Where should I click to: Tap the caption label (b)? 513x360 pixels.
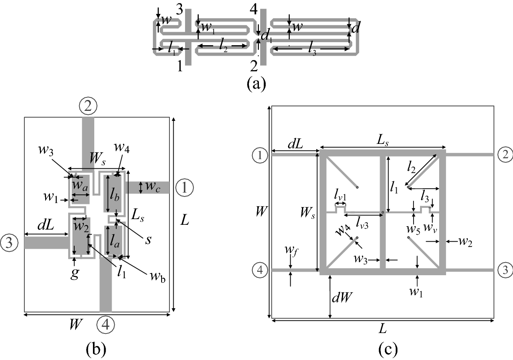(96, 348)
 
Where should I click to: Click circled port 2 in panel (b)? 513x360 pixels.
(88, 105)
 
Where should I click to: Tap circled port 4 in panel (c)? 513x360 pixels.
(259, 270)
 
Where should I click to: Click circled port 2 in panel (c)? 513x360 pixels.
(506, 155)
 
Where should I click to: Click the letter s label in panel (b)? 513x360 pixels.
(149, 240)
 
